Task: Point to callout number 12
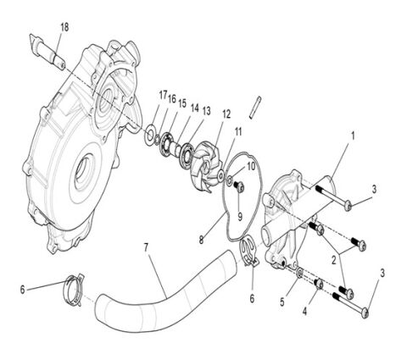226,114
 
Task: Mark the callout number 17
163,96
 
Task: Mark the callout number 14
194,108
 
